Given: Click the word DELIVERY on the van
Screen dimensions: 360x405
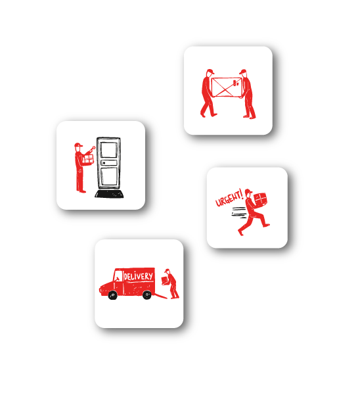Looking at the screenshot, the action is click(x=138, y=276).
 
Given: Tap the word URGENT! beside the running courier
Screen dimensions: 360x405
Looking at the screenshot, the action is click(x=229, y=198).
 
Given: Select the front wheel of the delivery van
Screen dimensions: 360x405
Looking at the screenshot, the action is click(x=112, y=295).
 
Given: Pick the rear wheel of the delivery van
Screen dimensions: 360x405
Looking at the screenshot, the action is click(x=147, y=295).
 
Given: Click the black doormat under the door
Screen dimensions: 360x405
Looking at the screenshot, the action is click(x=109, y=194).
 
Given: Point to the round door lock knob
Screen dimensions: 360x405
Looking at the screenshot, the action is click(x=104, y=163).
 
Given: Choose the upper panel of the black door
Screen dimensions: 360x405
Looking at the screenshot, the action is click(x=108, y=149).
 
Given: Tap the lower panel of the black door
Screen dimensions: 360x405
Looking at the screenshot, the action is click(x=109, y=177).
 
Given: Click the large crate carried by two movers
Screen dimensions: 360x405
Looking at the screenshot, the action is click(x=227, y=87).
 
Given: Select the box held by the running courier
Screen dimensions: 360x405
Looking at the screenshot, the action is click(x=260, y=200).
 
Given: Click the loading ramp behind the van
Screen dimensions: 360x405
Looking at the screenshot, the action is click(x=160, y=296).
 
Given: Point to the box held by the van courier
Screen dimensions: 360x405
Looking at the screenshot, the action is click(x=165, y=281).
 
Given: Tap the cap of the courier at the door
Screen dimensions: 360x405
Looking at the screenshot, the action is click(x=78, y=145).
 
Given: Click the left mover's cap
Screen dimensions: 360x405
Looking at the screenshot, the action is click(x=210, y=71).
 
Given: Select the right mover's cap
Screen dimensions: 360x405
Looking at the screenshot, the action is click(x=242, y=72).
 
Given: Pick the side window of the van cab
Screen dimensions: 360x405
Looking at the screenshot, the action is click(x=118, y=275).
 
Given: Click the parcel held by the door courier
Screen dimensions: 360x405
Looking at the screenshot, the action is click(x=88, y=159).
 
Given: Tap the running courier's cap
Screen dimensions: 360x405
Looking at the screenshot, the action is click(x=248, y=192).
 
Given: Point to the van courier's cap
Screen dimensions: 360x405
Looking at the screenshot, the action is click(x=168, y=271).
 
